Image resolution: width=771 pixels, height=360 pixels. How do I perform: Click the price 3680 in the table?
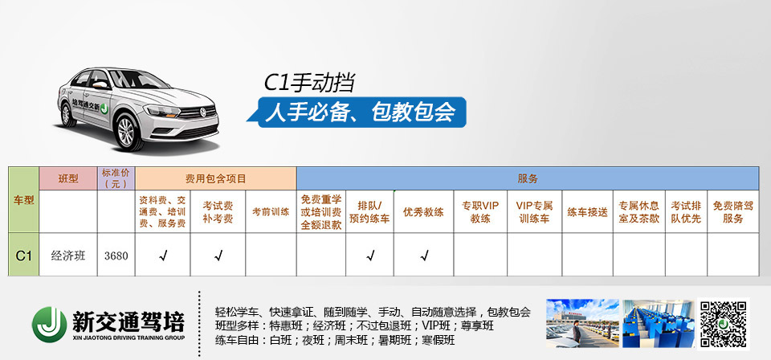pos(116,256)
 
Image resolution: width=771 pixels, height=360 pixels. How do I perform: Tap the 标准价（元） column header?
pos(116,178)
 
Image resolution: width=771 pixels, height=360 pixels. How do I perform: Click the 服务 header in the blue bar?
pos(528,178)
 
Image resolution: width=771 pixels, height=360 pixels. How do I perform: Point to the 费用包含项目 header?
pos(216,178)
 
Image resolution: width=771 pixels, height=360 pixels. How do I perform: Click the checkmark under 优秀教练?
pos(424,256)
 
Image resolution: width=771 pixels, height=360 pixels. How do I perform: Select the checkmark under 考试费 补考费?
pos(218,256)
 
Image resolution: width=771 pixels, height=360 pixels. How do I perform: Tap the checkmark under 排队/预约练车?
pos(370,256)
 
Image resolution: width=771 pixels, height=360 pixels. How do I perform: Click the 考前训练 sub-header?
pos(271,212)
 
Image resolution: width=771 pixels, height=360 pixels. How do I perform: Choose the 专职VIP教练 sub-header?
pos(480,212)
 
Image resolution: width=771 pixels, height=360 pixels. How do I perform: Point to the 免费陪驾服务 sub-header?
pos(732,212)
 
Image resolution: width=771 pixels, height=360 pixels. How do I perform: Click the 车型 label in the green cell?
pos(23,200)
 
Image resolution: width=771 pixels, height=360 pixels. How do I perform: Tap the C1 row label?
pos(23,256)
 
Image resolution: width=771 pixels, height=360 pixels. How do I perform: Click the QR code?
pos(723,324)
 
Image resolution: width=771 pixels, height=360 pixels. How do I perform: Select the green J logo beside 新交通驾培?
pos(49,324)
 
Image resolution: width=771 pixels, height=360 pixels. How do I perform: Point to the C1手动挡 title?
pos(309,83)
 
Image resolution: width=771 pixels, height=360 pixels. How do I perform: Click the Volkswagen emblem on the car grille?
pos(202,112)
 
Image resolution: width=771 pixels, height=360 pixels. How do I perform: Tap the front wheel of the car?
pos(127,132)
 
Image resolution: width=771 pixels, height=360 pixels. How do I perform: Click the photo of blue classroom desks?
pos(659,324)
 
